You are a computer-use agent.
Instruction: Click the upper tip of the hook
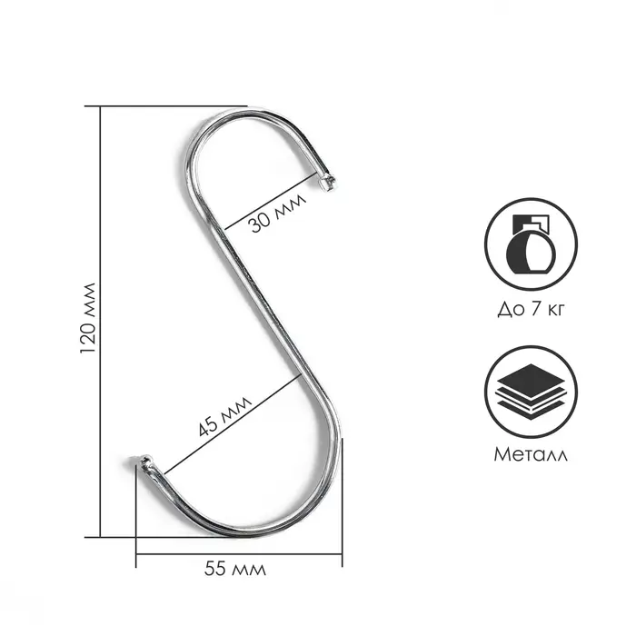click(x=328, y=184)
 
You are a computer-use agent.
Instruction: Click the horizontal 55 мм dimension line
click(x=239, y=553)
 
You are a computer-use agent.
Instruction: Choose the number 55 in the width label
click(x=215, y=570)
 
